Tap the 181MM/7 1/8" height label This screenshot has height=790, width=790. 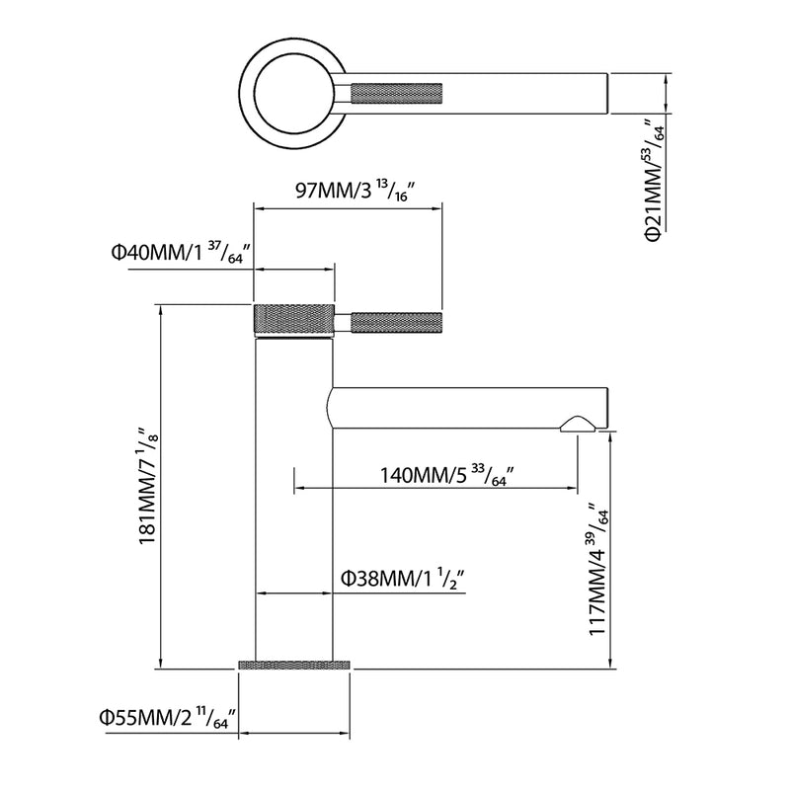[149, 487]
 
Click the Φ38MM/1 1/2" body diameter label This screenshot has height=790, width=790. [402, 580]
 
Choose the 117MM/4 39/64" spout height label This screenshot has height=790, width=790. [599, 570]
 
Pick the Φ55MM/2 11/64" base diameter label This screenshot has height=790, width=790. [168, 718]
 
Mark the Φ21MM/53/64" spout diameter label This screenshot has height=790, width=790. [655, 180]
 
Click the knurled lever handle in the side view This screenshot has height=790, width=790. [397, 323]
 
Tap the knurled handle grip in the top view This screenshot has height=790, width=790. [397, 94]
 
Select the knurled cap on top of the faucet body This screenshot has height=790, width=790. [293, 318]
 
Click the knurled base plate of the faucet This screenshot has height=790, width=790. [293, 665]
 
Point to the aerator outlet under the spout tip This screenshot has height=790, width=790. [578, 425]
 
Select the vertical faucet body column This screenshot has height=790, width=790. [294, 499]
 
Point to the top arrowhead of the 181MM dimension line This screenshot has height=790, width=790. [161, 310]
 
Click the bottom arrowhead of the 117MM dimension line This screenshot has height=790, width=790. [610, 664]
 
